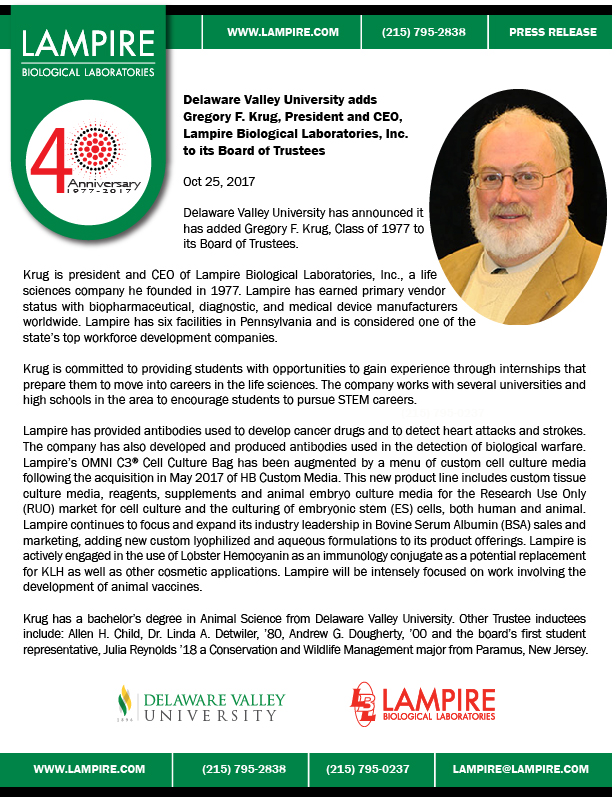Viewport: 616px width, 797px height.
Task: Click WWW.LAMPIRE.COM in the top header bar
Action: tap(283, 32)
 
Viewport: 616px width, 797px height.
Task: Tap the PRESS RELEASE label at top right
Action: tap(552, 32)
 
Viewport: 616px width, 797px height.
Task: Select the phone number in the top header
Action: tap(424, 32)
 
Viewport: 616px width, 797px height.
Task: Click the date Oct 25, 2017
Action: tap(220, 182)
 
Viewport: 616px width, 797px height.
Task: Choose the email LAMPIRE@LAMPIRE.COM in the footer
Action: tap(520, 769)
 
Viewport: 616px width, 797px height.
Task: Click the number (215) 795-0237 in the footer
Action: tap(367, 769)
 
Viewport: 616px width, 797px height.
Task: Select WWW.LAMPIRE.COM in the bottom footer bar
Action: tap(90, 769)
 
